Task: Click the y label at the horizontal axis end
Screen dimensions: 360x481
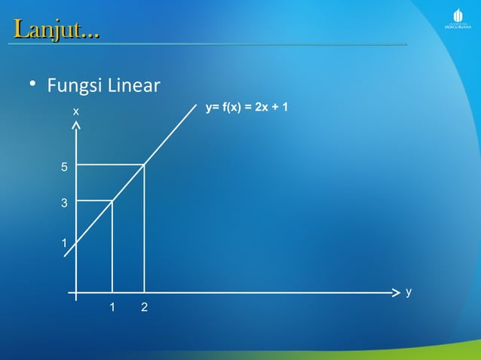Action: pos(408,291)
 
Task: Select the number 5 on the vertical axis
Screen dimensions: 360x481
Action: pos(65,167)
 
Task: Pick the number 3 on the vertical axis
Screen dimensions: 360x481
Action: pos(65,203)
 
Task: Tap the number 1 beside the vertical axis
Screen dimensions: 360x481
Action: pos(65,243)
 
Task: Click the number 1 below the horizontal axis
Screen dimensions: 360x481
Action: pos(112,307)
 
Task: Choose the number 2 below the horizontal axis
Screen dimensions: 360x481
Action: pos(144,307)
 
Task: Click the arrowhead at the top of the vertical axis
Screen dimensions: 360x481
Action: pos(76,127)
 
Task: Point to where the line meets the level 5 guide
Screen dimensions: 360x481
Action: pos(144,164)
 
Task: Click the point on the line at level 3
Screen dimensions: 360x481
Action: pos(112,200)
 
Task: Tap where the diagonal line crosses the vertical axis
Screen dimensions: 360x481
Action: pos(76,243)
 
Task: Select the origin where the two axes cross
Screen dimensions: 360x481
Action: pos(76,291)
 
